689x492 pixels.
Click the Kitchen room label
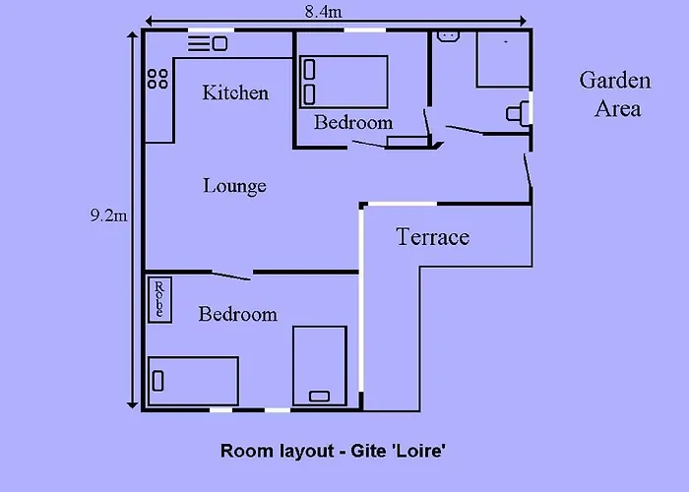coord(235,92)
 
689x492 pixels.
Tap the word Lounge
coord(234,186)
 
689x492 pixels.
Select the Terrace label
coord(433,237)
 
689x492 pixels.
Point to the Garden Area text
coord(615,94)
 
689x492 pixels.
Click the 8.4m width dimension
coord(324,12)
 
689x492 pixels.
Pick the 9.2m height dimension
coord(109,215)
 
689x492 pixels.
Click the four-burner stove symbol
coord(157,79)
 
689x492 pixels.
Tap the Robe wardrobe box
coord(159,300)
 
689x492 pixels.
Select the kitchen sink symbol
coord(208,44)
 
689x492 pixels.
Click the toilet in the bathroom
coord(518,114)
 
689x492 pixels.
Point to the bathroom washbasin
coord(448,36)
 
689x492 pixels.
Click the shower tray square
coord(504,59)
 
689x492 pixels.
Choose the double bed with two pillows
coord(344,82)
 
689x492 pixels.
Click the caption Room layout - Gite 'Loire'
coord(333,451)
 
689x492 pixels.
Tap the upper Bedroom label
coord(353,122)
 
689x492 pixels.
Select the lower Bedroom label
coord(238,314)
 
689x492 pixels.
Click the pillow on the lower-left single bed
coord(157,381)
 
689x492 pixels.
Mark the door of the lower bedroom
coord(231,276)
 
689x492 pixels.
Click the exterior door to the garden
coord(528,170)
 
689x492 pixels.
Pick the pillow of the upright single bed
coord(320,397)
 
